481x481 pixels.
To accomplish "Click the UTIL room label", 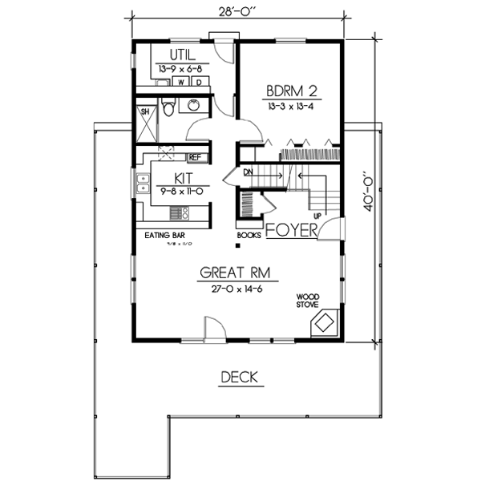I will tap(182, 55).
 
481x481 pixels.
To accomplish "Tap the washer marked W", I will tap(182, 82).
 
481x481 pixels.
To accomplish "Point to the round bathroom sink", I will tap(194, 106).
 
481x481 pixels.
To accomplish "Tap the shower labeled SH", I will tap(146, 112).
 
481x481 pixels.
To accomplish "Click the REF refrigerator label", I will tap(195, 157).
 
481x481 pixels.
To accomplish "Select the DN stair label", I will tap(249, 172).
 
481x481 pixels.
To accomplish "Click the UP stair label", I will tap(317, 216).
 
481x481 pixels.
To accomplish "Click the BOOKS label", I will tap(248, 236).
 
